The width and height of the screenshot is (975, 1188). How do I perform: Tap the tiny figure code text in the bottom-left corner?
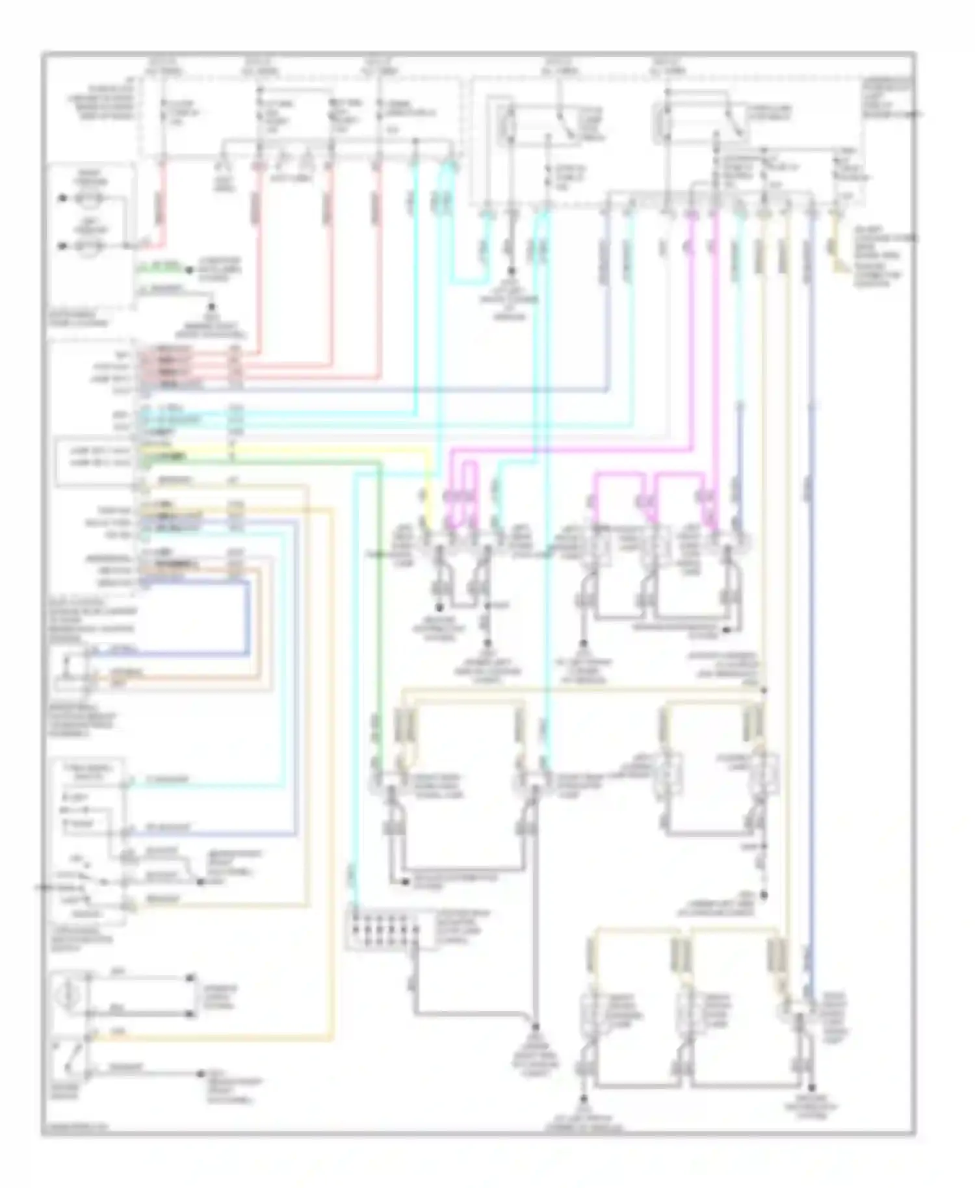pyautogui.click(x=65, y=1128)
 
